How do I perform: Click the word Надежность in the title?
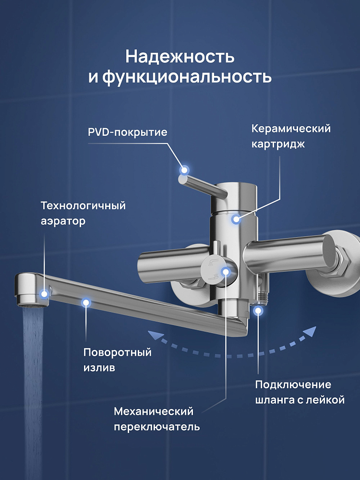tap(180, 57)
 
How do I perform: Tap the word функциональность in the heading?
tap(187, 77)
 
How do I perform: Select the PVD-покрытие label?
tap(128, 132)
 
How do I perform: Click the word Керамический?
tap(291, 129)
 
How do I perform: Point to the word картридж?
tap(278, 144)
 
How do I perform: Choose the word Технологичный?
tap(83, 205)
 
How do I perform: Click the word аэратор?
tap(63, 221)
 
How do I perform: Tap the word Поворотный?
tap(118, 352)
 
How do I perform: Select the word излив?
tap(99, 367)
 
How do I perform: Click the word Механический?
tap(154, 411)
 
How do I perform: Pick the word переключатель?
tap(157, 427)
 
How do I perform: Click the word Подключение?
tap(293, 384)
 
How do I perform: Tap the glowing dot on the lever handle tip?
tap(184, 170)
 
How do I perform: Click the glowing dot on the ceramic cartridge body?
tap(236, 219)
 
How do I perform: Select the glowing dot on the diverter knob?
tap(225, 271)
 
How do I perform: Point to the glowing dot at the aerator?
tap(45, 294)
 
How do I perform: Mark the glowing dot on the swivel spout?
tap(86, 303)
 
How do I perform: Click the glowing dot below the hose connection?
tap(258, 311)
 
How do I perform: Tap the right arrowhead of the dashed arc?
tap(310, 333)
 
